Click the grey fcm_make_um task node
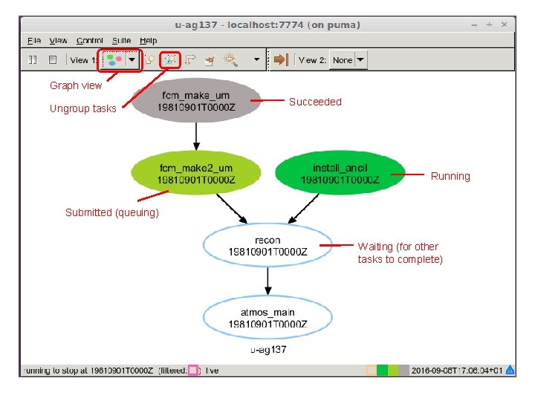(x=196, y=101)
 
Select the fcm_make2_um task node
(x=196, y=175)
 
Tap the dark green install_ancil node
(x=340, y=174)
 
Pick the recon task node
(x=267, y=246)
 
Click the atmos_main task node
(x=267, y=317)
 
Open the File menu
(x=34, y=41)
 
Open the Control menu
(x=90, y=41)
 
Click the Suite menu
(x=122, y=41)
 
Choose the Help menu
(x=149, y=41)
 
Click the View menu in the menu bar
(x=59, y=41)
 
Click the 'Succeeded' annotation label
(x=315, y=102)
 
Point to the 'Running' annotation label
(x=450, y=176)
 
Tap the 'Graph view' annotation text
(x=76, y=85)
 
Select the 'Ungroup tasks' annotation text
(x=83, y=108)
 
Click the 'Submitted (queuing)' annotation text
(x=112, y=212)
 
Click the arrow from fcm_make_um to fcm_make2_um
(x=196, y=136)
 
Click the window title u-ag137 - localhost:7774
(x=267, y=25)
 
